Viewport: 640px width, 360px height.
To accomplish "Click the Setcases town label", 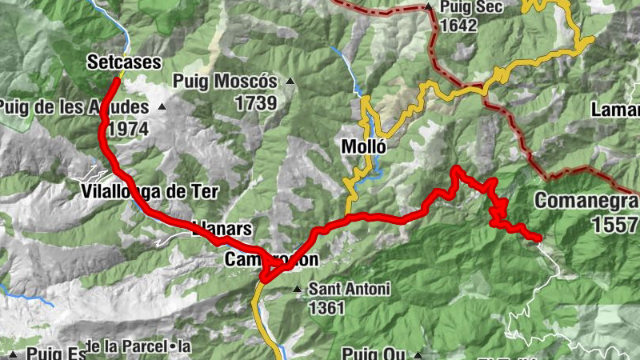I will pyautogui.click(x=125, y=62).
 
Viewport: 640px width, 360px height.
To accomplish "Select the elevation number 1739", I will pyautogui.click(x=255, y=102).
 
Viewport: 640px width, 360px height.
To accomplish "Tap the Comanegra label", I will pyautogui.click(x=586, y=201).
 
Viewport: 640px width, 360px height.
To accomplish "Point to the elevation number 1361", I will pyautogui.click(x=326, y=307).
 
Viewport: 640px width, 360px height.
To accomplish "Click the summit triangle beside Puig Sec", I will pyautogui.click(x=430, y=8).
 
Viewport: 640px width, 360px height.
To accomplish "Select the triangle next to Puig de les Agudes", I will pyautogui.click(x=162, y=106).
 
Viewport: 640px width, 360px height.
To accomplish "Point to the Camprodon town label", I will pyautogui.click(x=272, y=259).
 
